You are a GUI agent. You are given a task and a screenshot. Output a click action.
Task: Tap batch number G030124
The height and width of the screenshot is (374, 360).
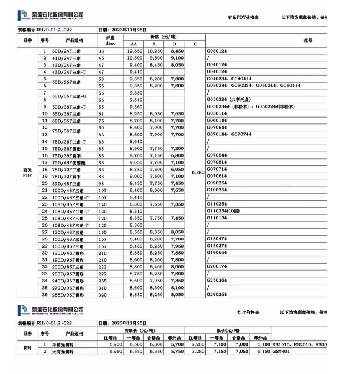[217, 52]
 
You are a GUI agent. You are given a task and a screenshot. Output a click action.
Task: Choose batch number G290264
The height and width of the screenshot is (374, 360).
[217, 294]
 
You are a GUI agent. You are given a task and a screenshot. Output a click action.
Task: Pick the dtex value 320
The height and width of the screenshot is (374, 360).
[102, 294]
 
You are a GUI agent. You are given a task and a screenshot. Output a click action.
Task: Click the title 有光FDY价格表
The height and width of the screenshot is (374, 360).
[244, 19]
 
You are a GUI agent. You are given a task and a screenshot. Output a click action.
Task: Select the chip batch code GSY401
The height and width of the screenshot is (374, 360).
[282, 352]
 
